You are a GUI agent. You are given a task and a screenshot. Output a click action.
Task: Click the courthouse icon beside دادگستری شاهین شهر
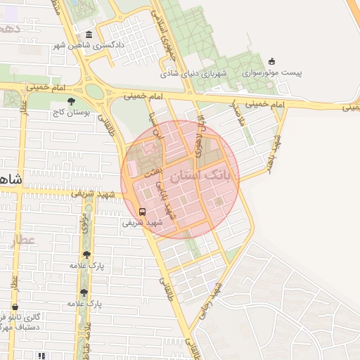click(x=88, y=35)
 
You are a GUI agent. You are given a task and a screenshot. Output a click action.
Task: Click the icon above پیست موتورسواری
click(x=272, y=62)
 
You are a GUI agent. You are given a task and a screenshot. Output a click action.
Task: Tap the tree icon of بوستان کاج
click(x=71, y=101)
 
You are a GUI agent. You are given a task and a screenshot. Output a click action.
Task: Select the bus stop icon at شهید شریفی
click(x=143, y=211)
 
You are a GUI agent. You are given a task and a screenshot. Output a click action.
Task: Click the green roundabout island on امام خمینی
click(x=94, y=91)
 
